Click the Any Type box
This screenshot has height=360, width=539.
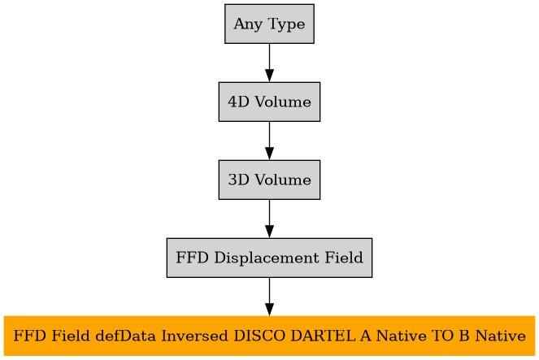point(269,24)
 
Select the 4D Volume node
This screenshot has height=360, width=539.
point(269,102)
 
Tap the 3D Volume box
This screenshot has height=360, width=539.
point(269,180)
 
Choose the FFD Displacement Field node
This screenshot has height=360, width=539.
point(269,258)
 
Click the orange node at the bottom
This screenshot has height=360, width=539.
point(269,336)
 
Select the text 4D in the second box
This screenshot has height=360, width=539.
point(237,102)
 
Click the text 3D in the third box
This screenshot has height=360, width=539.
point(237,180)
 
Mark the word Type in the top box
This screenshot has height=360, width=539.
point(285,24)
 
